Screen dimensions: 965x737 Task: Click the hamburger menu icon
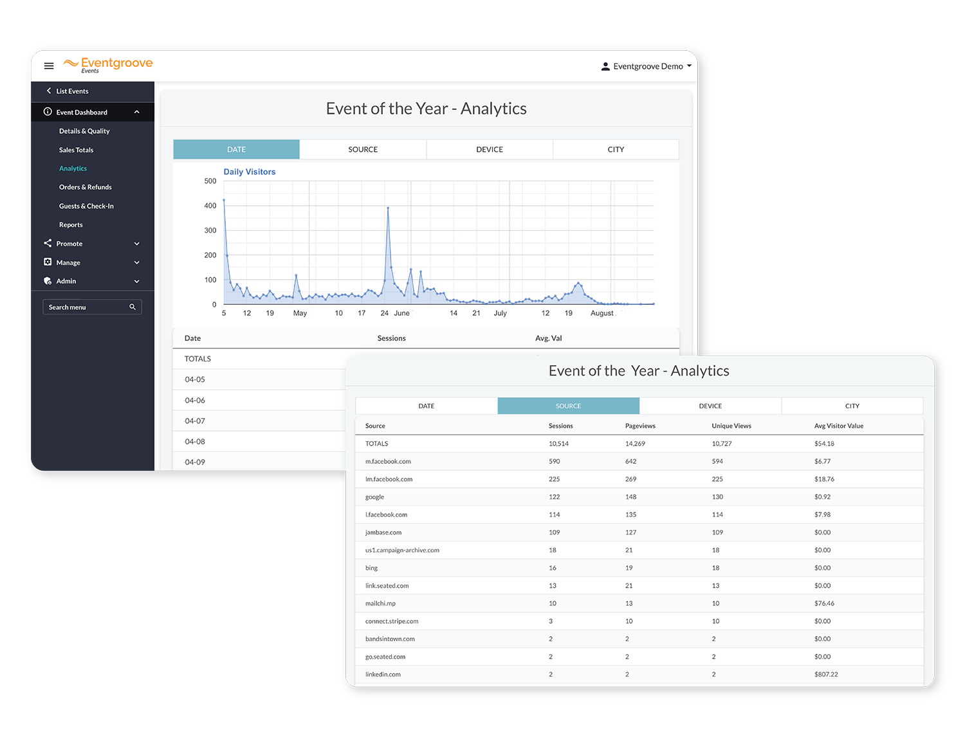49,66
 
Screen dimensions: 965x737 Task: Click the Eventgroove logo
107,64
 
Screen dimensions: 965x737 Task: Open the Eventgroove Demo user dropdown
646,66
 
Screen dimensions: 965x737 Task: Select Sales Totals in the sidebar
76,150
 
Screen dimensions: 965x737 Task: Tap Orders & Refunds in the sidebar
86,187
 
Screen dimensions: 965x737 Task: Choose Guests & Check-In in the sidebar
86,206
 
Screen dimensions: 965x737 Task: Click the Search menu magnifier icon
133,307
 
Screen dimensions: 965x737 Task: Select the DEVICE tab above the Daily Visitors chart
490,149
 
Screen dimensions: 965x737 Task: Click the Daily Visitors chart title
249,172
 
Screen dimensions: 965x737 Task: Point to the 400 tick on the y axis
210,206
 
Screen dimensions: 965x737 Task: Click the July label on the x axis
500,313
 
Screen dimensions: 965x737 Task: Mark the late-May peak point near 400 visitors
388,208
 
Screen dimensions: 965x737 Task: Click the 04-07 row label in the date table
195,421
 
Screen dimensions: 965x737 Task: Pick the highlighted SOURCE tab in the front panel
568,406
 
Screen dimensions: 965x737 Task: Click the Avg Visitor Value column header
838,425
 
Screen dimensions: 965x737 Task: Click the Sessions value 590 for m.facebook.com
554,461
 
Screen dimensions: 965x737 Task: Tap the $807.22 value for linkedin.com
825,674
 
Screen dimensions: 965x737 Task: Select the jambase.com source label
383,532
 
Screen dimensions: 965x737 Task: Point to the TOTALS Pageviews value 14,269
635,444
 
